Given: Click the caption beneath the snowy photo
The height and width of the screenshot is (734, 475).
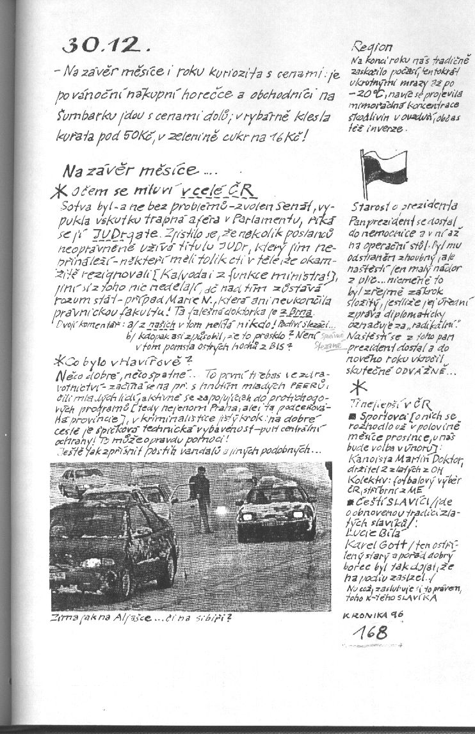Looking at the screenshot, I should (141, 619).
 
